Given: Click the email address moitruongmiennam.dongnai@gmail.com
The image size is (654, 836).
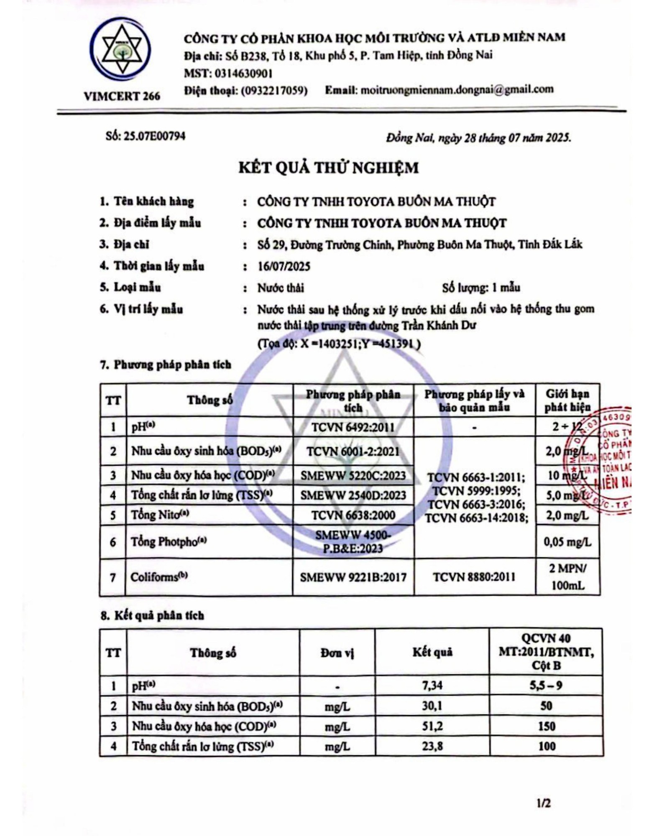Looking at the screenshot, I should click(x=457, y=89).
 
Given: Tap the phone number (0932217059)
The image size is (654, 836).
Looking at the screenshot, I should click(x=275, y=90).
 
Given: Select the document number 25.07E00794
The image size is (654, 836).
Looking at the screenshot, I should click(x=155, y=137).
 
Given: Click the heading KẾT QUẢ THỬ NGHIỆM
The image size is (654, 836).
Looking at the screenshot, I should click(x=328, y=168).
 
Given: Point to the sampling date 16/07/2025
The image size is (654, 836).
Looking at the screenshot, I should click(x=284, y=266).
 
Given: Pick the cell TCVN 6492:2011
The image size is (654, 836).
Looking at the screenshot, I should click(x=353, y=427).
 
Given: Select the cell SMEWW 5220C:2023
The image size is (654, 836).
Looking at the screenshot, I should click(x=353, y=475).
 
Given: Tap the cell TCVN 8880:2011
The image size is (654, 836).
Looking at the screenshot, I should click(x=474, y=577).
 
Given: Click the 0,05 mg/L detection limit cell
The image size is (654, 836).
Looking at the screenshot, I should click(x=567, y=542).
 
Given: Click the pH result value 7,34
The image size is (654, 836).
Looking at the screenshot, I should click(x=432, y=686).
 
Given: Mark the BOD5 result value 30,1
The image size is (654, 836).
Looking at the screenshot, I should click(x=432, y=706).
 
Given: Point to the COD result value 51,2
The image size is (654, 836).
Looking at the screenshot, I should click(x=432, y=726).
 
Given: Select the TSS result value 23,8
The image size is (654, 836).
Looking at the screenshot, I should click(x=432, y=747).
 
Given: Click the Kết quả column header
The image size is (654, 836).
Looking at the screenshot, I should click(x=432, y=652).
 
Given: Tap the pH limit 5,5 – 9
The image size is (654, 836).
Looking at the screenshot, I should click(x=546, y=686).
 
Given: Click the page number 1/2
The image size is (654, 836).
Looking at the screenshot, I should click(x=544, y=803).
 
